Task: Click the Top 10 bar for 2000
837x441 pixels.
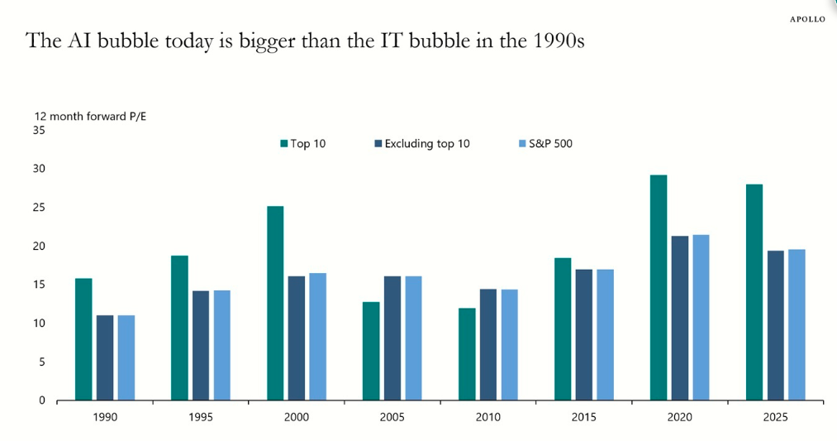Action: pyautogui.click(x=275, y=303)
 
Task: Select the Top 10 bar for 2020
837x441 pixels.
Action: pyautogui.click(x=659, y=287)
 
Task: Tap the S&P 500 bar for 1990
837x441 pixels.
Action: pyautogui.click(x=126, y=357)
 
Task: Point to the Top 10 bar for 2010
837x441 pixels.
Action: pyautogui.click(x=467, y=354)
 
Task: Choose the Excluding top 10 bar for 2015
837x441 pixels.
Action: pyautogui.click(x=584, y=334)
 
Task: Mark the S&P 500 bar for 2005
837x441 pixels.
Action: pyautogui.click(x=413, y=338)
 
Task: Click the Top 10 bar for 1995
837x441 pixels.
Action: pyautogui.click(x=179, y=328)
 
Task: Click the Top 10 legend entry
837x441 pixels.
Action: pyautogui.click(x=303, y=144)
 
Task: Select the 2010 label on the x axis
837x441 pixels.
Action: pyautogui.click(x=487, y=417)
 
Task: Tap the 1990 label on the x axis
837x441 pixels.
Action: pyautogui.click(x=104, y=417)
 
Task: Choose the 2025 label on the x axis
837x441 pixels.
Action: pyautogui.click(x=775, y=417)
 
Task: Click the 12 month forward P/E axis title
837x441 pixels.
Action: pyautogui.click(x=90, y=116)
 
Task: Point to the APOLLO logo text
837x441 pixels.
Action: pyautogui.click(x=806, y=19)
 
